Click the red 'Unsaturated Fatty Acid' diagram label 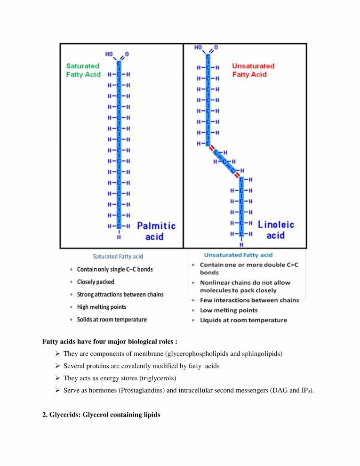(253, 70)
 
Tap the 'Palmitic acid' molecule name (156, 231)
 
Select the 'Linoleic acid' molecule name (276, 229)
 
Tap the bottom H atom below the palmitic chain (120, 238)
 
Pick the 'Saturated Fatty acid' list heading (118, 257)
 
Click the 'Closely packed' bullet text (96, 282)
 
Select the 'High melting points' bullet (102, 307)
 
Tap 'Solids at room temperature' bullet (112, 319)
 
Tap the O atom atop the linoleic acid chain (216, 48)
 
